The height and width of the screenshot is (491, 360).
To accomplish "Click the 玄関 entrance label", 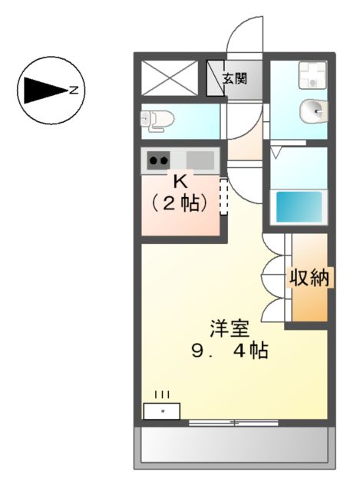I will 235,78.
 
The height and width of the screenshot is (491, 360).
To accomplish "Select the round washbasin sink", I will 312,112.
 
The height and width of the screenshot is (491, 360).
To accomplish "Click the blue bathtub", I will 299,206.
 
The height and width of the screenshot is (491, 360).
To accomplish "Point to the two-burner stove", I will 158,160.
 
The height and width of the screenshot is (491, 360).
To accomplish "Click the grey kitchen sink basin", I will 200,160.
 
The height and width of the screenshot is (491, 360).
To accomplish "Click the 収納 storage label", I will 309,278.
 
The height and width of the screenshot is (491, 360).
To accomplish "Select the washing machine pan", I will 312,75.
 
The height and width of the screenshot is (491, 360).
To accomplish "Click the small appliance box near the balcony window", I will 162,411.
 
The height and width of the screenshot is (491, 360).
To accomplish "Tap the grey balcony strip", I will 235,445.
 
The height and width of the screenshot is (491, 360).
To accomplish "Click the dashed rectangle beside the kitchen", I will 224,197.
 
